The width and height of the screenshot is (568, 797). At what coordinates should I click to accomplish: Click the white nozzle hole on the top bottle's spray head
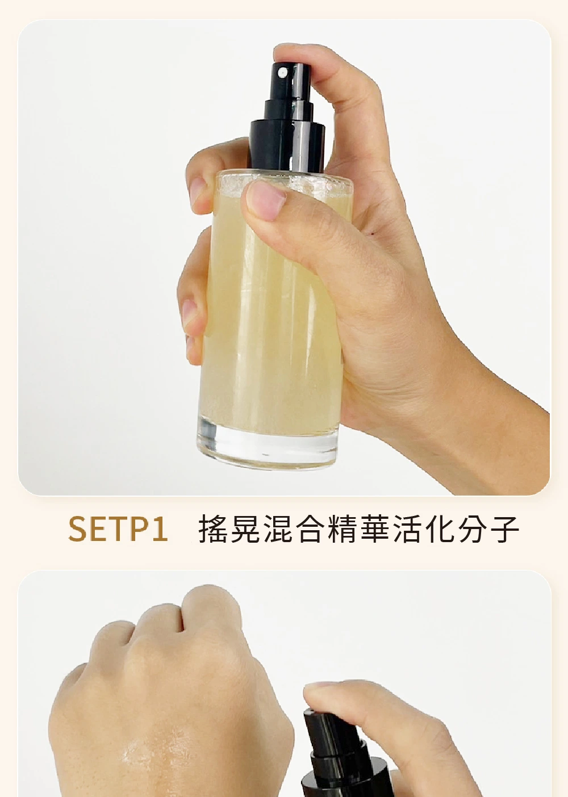point(283,73)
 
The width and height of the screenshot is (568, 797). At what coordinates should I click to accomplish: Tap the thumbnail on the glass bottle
point(266,200)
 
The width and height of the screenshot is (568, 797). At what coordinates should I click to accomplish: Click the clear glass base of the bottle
point(267,444)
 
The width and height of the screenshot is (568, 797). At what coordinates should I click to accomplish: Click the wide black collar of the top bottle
point(287,146)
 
